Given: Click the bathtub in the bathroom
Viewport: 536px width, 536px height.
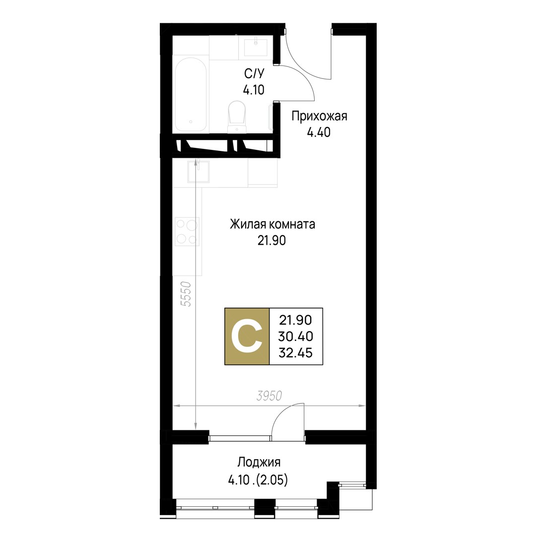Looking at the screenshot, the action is click(x=191, y=94).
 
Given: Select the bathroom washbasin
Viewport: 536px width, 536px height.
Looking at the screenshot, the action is click(x=256, y=47).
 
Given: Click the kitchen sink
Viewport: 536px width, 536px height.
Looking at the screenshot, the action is click(x=198, y=172).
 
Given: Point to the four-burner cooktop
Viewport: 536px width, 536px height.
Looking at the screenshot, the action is click(x=187, y=231).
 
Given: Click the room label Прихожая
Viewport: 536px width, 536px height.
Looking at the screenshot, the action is click(x=319, y=117).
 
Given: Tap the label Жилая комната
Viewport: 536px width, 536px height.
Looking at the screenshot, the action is click(x=272, y=224).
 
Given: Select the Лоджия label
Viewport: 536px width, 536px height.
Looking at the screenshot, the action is click(x=259, y=462).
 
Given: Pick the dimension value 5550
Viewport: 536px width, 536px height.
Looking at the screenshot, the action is click(x=186, y=294).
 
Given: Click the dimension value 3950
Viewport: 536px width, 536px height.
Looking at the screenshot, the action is click(x=269, y=396).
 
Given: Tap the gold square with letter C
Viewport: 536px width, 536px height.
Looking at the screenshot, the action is click(x=247, y=336).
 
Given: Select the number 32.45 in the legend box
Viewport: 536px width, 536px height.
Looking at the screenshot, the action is click(x=296, y=353).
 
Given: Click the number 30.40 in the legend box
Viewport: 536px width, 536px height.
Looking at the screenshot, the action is click(x=296, y=336).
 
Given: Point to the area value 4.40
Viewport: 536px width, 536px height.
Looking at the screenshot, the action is click(x=319, y=133).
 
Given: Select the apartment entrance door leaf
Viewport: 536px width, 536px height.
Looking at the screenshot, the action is click(x=331, y=55).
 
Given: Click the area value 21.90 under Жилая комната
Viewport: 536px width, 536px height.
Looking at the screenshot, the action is click(x=272, y=241).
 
